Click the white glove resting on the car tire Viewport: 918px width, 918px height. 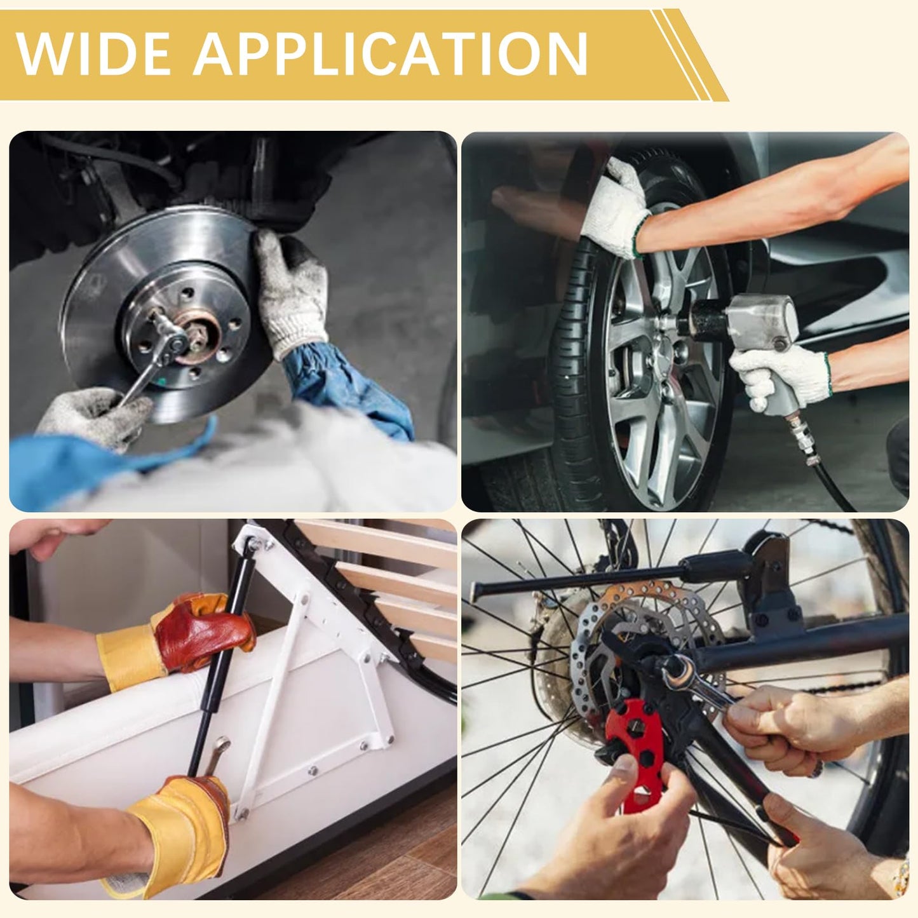coord(616,210)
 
